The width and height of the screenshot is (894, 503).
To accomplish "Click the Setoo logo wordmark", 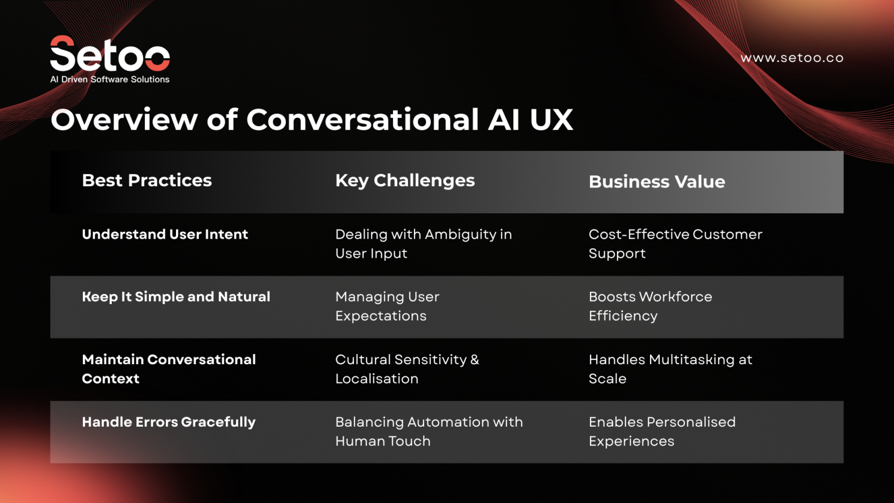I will (110, 54).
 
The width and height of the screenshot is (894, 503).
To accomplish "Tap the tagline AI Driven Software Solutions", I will (110, 79).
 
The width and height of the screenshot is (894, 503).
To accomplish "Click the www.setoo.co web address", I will (791, 58).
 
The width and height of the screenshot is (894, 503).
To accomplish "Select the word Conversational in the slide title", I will (362, 120).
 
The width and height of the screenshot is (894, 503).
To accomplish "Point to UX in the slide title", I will (551, 120).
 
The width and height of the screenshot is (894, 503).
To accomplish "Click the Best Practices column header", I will (147, 180).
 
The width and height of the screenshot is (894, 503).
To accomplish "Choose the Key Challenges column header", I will (404, 180).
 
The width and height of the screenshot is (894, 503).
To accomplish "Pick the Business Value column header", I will (656, 181).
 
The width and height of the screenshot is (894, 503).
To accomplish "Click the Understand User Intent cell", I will (165, 234).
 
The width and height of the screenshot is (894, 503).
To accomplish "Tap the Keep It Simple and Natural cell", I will (175, 297).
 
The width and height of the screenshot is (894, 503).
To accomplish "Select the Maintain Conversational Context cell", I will (168, 368).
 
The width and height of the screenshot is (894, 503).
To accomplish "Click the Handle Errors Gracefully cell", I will (168, 422).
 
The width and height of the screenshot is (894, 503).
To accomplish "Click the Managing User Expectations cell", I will (387, 306).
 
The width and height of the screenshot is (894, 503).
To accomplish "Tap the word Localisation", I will (376, 379).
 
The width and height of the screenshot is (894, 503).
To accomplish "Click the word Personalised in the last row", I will (692, 422).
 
